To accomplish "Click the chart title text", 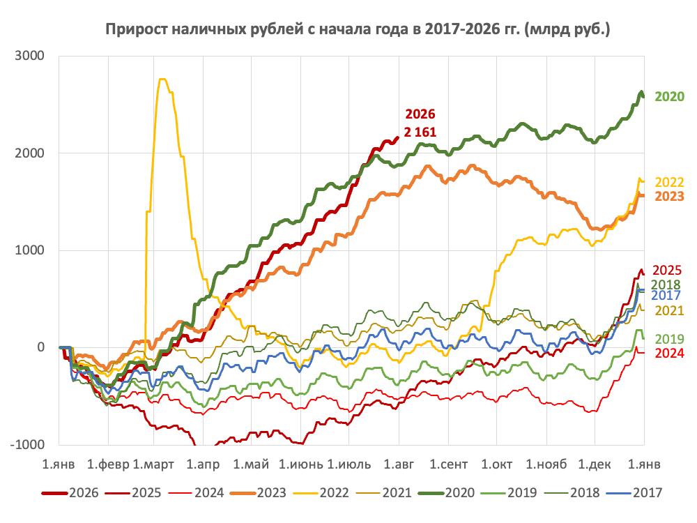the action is point(358,29).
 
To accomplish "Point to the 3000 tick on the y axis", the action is point(30,56).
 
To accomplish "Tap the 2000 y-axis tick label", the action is point(30,153).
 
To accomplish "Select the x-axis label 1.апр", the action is point(203,464).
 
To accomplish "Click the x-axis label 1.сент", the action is point(448,464).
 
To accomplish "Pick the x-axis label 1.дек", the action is point(595,464).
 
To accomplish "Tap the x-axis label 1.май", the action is point(251,464).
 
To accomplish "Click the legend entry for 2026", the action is point(70,493).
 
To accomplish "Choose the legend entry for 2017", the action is point(634,493).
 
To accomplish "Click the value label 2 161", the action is point(420,132).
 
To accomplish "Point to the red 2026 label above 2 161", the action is point(420,114).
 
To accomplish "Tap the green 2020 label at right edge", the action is point(669,96).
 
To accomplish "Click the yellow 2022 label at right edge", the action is point(669,182).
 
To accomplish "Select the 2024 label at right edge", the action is point(669,353).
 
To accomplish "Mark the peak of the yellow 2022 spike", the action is point(162,79).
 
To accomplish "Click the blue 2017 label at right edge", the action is point(666,295).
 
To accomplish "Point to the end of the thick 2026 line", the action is point(398,137).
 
